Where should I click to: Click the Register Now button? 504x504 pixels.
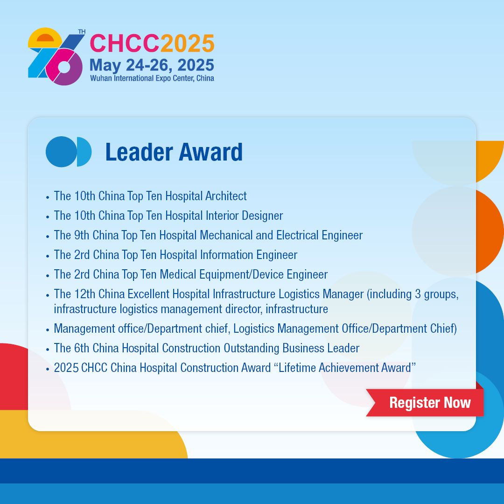click(x=425, y=402)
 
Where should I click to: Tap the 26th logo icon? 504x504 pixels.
click(x=55, y=56)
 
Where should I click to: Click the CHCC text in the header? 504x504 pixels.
click(x=125, y=43)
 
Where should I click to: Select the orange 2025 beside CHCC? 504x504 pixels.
click(x=188, y=43)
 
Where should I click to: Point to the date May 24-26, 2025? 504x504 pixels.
click(x=152, y=65)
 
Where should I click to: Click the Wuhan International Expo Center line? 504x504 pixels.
click(x=152, y=78)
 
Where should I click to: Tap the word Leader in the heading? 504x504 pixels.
click(x=139, y=152)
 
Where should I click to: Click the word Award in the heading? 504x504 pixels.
click(x=210, y=152)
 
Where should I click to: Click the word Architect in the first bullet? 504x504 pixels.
click(x=226, y=196)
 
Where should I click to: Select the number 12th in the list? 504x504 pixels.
click(x=85, y=294)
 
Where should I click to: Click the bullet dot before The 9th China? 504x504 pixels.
click(x=48, y=237)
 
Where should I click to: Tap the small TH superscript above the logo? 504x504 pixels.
click(x=82, y=32)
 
